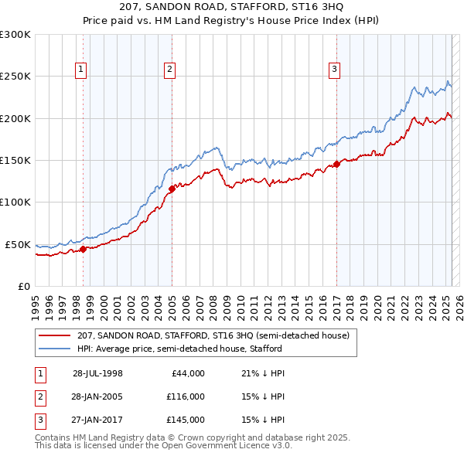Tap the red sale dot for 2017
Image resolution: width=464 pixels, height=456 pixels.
pyautogui.click(x=336, y=164)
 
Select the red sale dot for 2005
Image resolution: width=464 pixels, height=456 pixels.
pyautogui.click(x=172, y=189)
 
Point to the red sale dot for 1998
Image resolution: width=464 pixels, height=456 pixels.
pyautogui.click(x=84, y=249)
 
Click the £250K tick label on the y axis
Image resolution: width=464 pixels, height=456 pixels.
pyautogui.click(x=15, y=77)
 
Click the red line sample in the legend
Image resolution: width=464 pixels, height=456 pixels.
pyautogui.click(x=53, y=335)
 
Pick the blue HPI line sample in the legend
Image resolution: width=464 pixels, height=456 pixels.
pyautogui.click(x=53, y=349)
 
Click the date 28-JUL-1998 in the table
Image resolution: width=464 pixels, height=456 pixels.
pyautogui.click(x=97, y=373)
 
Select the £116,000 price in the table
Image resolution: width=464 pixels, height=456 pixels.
pyautogui.click(x=185, y=396)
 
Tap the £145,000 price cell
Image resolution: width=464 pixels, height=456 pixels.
pyautogui.click(x=185, y=420)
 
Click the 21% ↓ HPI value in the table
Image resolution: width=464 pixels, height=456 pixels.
pyautogui.click(x=263, y=373)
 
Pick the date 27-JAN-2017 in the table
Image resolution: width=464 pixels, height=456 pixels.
pyautogui.click(x=97, y=420)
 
